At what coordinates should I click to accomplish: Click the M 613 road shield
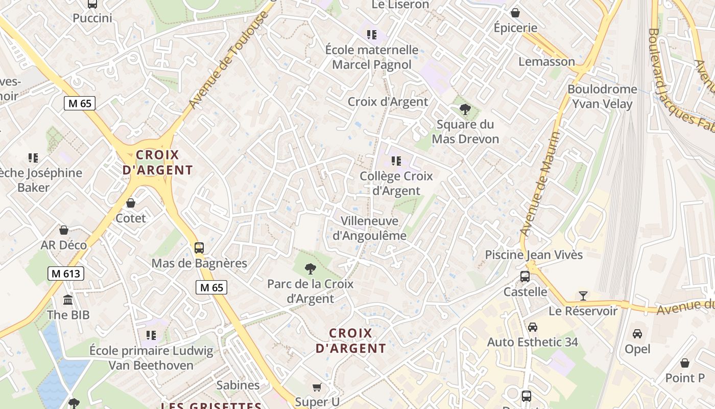[x=66, y=274]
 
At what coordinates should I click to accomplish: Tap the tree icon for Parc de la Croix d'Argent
[x=310, y=269]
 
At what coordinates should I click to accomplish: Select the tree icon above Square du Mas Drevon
[x=465, y=109]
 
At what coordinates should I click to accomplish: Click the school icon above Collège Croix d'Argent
[x=396, y=161]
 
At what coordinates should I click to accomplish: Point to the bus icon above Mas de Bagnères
[x=199, y=248]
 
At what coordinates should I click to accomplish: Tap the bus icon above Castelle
[x=525, y=277]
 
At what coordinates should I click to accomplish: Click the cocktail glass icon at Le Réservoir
[x=583, y=296]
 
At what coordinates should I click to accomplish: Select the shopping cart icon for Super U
[x=317, y=387]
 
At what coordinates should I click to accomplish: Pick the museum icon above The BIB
[x=68, y=300]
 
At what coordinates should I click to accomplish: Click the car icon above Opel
[x=637, y=334]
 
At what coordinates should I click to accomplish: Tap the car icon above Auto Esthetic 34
[x=533, y=327]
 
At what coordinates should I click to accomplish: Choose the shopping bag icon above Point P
[x=685, y=363]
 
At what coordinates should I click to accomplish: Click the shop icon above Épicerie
[x=515, y=12]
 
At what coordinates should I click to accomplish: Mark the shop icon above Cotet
[x=131, y=203]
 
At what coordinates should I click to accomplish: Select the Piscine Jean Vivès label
[x=534, y=255]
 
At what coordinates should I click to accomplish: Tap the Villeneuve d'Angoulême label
[x=370, y=228]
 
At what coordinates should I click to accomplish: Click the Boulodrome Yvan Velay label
[x=602, y=97]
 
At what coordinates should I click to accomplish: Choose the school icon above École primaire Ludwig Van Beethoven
[x=151, y=335]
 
